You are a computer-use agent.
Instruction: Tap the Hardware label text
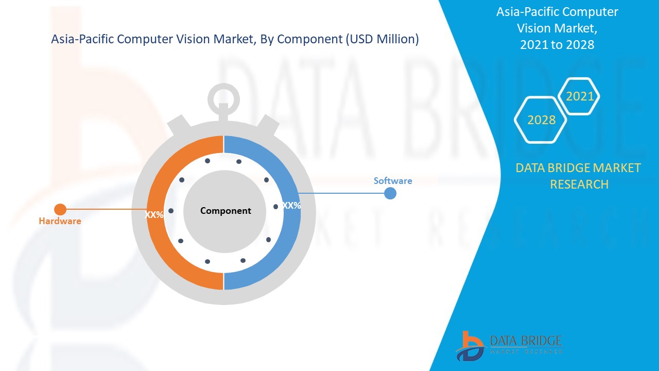click(60, 221)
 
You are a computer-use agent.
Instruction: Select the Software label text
click(393, 181)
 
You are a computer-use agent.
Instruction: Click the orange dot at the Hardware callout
click(60, 209)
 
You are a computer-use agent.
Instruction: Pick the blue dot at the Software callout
click(390, 193)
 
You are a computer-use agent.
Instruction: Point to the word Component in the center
click(226, 211)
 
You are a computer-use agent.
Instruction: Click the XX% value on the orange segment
click(154, 215)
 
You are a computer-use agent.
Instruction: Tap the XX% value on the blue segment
click(292, 206)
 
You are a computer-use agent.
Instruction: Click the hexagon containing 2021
click(580, 96)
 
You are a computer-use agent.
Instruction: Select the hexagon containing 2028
click(541, 120)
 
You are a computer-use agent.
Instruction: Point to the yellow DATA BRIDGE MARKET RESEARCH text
click(579, 176)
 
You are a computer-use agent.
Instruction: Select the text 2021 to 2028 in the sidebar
click(557, 45)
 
